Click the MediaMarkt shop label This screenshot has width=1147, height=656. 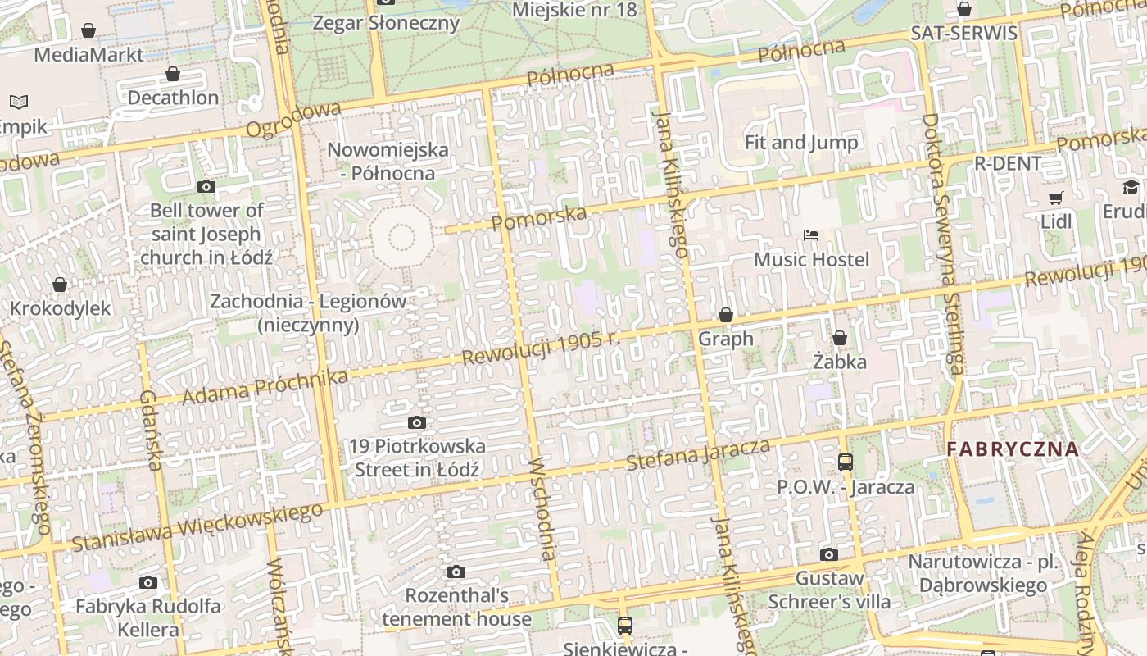tap(88, 55)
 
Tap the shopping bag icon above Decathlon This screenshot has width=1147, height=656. tap(173, 75)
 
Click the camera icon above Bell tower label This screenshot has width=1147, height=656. tap(206, 187)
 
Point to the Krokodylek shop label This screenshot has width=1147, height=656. tap(60, 309)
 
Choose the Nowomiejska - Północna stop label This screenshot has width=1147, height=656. tap(388, 162)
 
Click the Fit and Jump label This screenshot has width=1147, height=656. tap(801, 143)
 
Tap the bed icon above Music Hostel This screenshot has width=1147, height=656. tap(811, 236)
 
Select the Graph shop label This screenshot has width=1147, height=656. tap(725, 339)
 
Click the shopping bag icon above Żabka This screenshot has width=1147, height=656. tap(840, 338)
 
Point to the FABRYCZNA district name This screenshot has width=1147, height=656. tap(1013, 449)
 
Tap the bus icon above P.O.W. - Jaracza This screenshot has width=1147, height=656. tap(846, 462)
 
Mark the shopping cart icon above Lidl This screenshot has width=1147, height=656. tap(1056, 198)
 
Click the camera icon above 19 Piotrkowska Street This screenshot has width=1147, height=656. tap(417, 423)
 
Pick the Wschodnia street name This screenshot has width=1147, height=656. tap(543, 509)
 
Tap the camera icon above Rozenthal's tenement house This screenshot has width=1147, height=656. tap(456, 572)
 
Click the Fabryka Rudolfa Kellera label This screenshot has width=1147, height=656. tap(148, 618)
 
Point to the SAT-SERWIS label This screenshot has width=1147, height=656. tap(964, 34)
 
